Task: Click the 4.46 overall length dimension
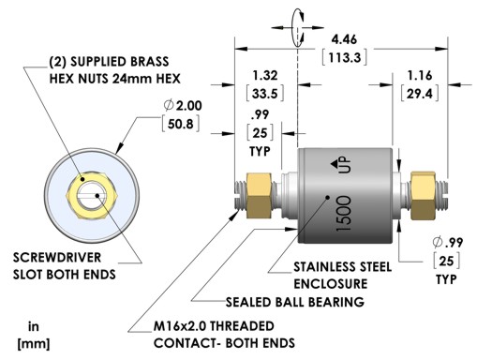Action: click(344, 40)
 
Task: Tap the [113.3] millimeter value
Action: click(344, 57)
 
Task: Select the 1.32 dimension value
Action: click(265, 76)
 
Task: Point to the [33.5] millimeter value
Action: click(265, 94)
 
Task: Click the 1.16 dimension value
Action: click(420, 76)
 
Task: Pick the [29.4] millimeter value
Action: click(420, 94)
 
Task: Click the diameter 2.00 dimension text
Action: click(183, 106)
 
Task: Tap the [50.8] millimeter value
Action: click(181, 124)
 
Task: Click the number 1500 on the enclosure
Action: click(344, 214)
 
